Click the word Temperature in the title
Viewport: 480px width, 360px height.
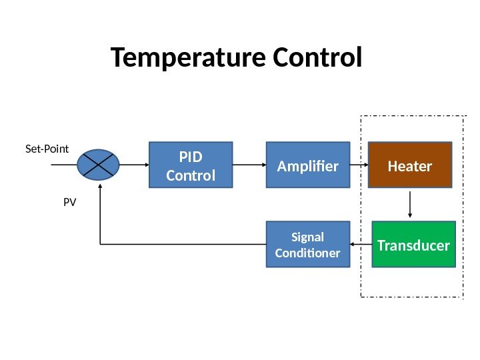tap(180, 58)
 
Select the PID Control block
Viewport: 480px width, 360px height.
tap(190, 166)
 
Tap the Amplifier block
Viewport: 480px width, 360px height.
tap(308, 165)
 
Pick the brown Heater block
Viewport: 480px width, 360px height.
tap(410, 165)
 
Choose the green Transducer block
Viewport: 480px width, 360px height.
tap(413, 245)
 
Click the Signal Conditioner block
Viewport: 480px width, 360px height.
tap(307, 245)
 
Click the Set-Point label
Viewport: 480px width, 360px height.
tap(47, 149)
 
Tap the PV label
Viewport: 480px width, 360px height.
tap(70, 200)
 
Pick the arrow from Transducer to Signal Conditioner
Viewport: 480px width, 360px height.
tap(360, 245)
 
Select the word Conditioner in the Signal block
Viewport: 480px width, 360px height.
tap(307, 253)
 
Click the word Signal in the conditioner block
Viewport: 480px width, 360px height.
tap(307, 237)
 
